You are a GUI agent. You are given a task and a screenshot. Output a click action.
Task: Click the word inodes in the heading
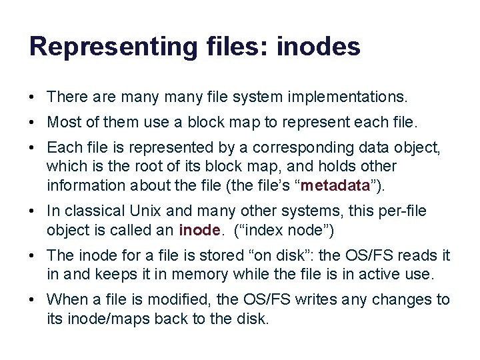point(318,47)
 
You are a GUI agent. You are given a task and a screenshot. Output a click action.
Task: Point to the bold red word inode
point(199,230)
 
